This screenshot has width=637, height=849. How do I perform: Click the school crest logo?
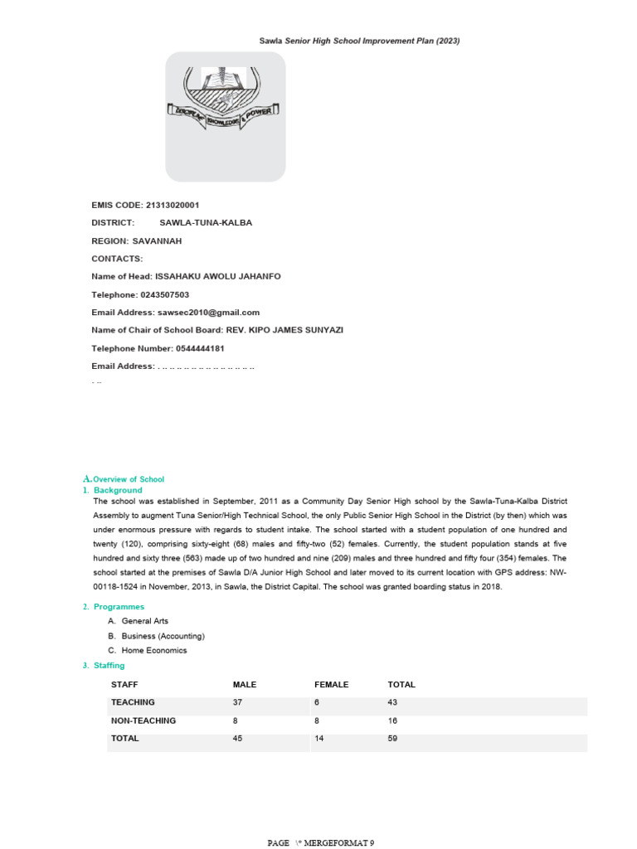tap(226, 104)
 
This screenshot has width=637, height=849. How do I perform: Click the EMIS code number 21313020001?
tap(172, 205)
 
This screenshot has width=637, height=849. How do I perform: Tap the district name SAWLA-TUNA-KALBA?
tap(206, 223)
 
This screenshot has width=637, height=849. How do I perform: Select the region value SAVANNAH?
tap(157, 241)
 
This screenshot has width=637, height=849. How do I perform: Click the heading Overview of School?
tap(129, 479)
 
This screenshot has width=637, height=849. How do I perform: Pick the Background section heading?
tap(118, 491)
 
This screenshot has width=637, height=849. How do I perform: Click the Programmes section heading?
tap(119, 607)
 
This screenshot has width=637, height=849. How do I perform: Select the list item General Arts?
tap(144, 621)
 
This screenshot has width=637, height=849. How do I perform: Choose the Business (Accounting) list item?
tap(163, 636)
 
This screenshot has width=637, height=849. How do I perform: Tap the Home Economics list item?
tap(154, 651)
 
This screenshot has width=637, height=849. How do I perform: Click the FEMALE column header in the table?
tap(331, 685)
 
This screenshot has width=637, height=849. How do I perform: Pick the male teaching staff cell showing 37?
tap(238, 702)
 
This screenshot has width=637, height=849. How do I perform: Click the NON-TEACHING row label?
tap(143, 720)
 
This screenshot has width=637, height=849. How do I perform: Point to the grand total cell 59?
tap(393, 738)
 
